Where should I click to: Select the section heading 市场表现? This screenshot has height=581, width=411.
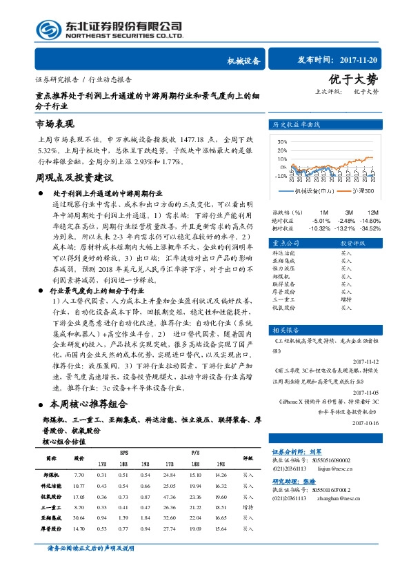pos(54,124)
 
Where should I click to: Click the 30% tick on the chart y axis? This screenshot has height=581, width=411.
pos(281,141)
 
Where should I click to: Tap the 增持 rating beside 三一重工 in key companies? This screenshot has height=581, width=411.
pos(345,299)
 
